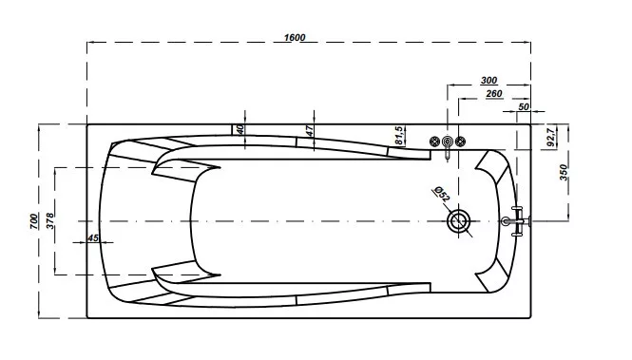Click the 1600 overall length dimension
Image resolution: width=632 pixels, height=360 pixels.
point(295,37)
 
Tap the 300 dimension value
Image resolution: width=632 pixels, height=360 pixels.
point(488,80)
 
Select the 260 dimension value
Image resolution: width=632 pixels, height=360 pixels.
point(494,94)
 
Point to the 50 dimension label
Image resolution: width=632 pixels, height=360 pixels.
point(523,106)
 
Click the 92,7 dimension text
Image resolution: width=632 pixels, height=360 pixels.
point(551,136)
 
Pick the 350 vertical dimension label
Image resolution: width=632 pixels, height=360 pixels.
point(563,172)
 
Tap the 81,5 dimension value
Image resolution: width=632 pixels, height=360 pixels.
point(398,136)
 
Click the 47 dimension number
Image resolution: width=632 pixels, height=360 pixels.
point(309,130)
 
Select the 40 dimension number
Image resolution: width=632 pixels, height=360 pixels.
point(239,130)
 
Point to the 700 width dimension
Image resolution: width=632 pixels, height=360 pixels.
point(34,221)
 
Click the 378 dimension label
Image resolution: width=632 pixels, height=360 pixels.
point(49,221)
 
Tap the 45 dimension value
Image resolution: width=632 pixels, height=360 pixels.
point(93,238)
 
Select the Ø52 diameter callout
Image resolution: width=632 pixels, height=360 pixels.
point(441,194)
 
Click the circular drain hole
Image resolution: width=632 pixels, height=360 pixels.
point(459,221)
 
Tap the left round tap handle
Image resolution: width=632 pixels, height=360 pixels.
point(434,142)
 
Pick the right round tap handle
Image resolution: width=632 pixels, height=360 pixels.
point(460,142)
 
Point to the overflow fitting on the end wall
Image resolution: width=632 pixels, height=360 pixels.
point(516,221)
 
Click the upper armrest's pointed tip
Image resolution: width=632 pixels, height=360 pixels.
point(220,167)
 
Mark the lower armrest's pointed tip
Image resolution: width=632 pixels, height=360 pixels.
point(220,275)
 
